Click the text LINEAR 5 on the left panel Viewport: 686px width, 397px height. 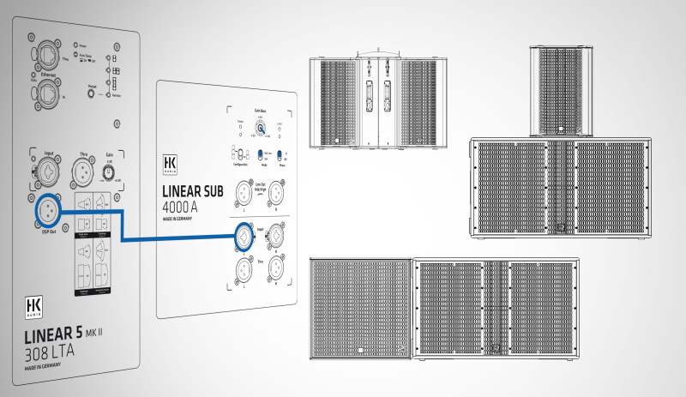click(54, 334)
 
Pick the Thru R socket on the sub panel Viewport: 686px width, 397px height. click(276, 266)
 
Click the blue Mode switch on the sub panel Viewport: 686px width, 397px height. click(259, 155)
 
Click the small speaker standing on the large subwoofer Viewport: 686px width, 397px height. click(563, 91)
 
